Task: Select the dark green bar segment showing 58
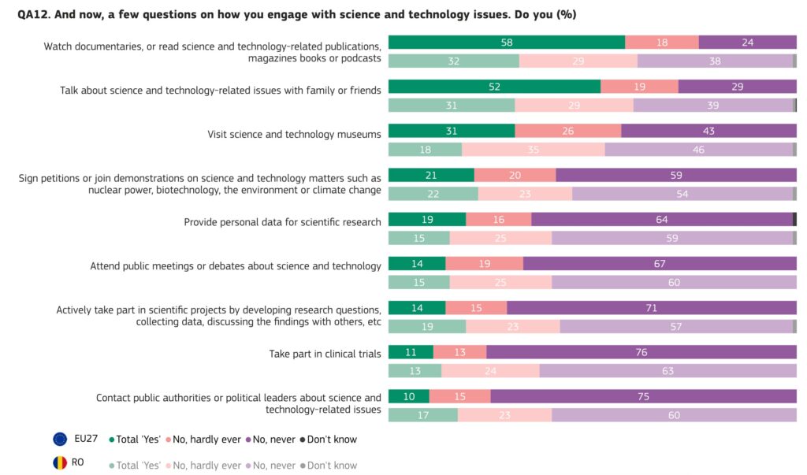(506, 43)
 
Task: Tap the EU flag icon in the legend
(60, 439)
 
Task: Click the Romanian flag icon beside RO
(60, 463)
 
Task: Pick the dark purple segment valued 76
(641, 352)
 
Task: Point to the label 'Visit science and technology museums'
(294, 134)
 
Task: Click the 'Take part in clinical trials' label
(325, 354)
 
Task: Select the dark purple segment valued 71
(651, 308)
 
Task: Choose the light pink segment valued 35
(533, 150)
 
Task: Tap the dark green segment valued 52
(494, 87)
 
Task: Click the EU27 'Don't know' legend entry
(329, 440)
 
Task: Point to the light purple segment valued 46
(698, 150)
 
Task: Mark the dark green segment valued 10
(408, 396)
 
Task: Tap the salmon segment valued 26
(567, 131)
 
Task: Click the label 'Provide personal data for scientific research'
(282, 222)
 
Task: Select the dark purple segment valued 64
(661, 220)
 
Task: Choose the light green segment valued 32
(453, 61)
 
